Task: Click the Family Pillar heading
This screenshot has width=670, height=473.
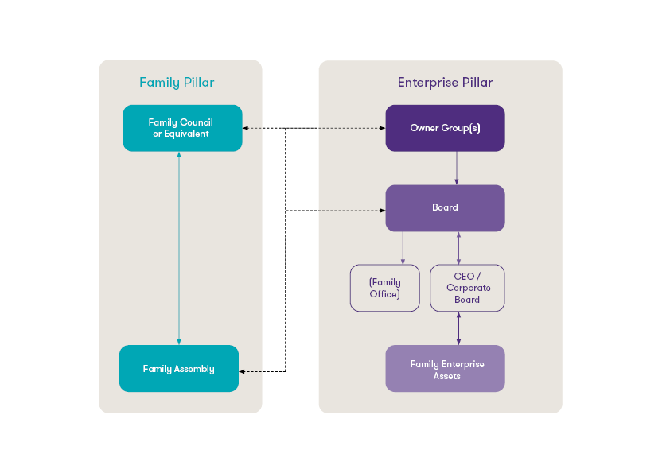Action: (x=176, y=83)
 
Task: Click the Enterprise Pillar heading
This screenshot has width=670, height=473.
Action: (x=445, y=83)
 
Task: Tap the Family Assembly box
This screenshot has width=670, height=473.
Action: (x=179, y=369)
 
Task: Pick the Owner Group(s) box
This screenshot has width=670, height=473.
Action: (x=445, y=128)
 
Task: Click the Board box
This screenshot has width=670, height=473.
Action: (x=445, y=207)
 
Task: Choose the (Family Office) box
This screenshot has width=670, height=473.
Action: (x=385, y=288)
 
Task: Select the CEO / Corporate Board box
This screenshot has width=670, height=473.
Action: (x=467, y=288)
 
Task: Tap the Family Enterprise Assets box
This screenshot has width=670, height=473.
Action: (x=445, y=369)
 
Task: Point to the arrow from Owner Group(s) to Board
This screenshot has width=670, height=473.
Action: (x=457, y=168)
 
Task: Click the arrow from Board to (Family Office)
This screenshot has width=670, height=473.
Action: (x=403, y=248)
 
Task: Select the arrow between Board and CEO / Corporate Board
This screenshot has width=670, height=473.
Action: (x=458, y=248)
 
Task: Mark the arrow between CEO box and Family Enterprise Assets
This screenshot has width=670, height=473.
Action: (x=458, y=328)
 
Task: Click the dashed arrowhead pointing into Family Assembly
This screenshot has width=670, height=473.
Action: (x=243, y=371)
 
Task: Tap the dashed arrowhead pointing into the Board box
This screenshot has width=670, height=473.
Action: (x=381, y=211)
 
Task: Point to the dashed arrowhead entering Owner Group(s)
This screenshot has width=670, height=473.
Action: (x=381, y=128)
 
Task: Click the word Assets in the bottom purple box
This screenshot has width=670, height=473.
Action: (x=446, y=376)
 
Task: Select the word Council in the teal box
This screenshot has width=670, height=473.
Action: (x=196, y=122)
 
